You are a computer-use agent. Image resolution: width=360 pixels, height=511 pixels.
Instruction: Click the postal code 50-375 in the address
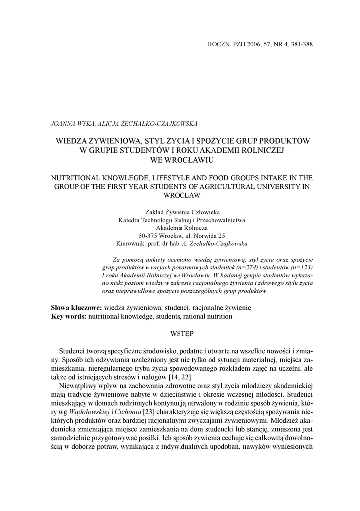coord(148,235)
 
